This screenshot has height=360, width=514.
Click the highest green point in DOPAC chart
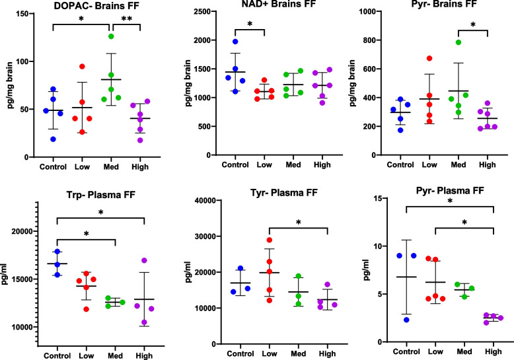(112, 36)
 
